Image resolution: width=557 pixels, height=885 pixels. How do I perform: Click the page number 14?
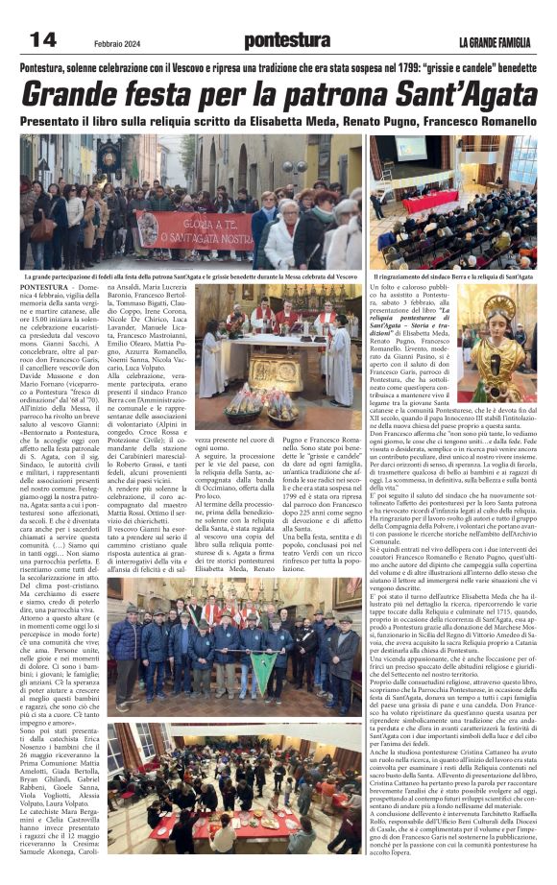click(x=42, y=39)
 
